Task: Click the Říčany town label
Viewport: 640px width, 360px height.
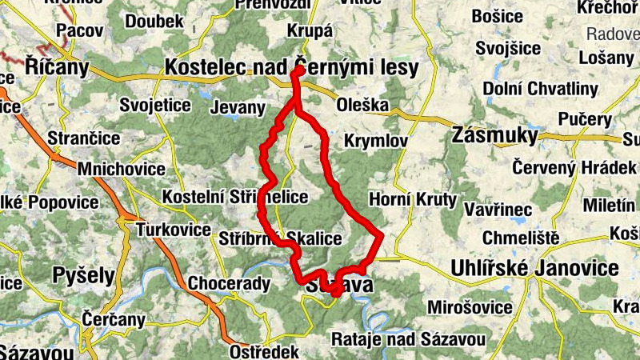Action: pyautogui.click(x=56, y=66)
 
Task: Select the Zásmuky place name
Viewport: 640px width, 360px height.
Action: pyautogui.click(x=494, y=135)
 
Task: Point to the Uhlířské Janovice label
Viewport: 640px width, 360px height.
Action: pyautogui.click(x=535, y=268)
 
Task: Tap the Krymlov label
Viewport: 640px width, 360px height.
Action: pyautogui.click(x=375, y=141)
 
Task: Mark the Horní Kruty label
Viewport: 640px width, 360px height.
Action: pyautogui.click(x=413, y=198)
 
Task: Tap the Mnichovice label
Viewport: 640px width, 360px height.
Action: pyautogui.click(x=122, y=170)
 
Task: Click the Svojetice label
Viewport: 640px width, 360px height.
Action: pyautogui.click(x=154, y=105)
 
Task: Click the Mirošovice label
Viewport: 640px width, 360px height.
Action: pyautogui.click(x=470, y=307)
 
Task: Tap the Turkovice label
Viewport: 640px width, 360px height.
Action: pyautogui.click(x=174, y=230)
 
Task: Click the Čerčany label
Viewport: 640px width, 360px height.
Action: pyautogui.click(x=114, y=321)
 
